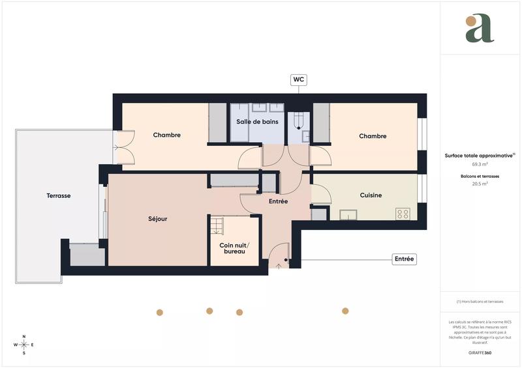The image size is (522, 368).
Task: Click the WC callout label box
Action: [x=299, y=80]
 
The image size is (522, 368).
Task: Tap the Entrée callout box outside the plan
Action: [x=404, y=259]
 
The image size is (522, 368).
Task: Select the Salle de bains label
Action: [x=257, y=122]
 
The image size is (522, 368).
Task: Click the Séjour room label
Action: [x=158, y=219]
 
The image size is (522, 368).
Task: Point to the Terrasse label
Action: [x=59, y=195]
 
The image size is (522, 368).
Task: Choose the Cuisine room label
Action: [x=371, y=195]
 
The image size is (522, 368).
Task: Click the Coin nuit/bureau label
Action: [x=234, y=248]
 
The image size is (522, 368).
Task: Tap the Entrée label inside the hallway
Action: [x=279, y=201]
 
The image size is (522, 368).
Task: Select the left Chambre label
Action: [x=166, y=135]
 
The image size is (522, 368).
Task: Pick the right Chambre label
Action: [x=373, y=136]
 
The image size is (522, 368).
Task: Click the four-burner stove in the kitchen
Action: [x=403, y=213]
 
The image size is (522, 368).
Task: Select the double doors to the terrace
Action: [x=123, y=147]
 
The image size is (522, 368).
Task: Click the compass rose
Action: [x=24, y=345]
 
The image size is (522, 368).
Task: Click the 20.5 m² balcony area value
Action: [x=480, y=184]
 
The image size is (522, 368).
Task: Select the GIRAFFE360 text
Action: [x=480, y=352]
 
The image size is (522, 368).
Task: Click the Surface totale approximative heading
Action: [x=480, y=156]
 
